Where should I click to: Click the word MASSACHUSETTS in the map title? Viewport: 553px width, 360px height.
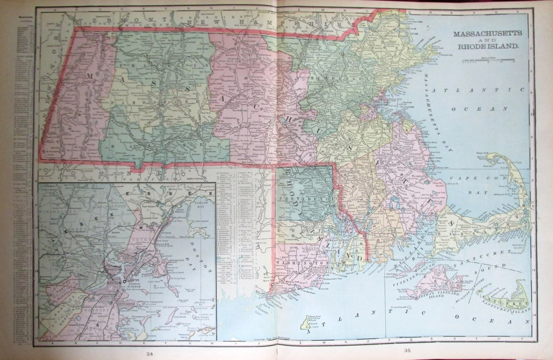(x=488, y=33)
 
